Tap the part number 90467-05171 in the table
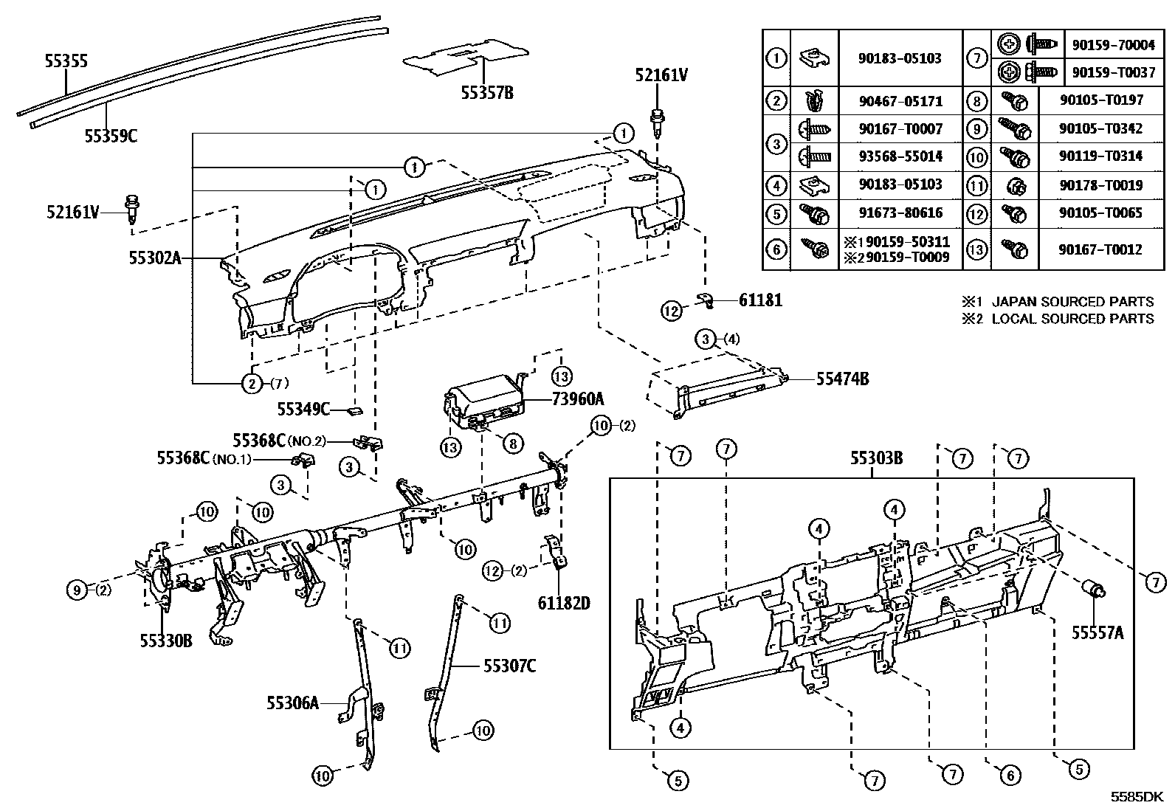click(900, 101)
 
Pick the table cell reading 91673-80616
click(900, 213)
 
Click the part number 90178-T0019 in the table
click(1100, 185)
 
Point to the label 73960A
click(578, 399)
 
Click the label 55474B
click(842, 379)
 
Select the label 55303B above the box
click(876, 458)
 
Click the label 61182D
click(563, 603)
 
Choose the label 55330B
click(166, 641)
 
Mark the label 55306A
click(292, 703)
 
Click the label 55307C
click(509, 666)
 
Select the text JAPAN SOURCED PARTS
click(1072, 301)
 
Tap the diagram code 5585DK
click(1137, 797)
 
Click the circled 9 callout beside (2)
click(76, 589)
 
